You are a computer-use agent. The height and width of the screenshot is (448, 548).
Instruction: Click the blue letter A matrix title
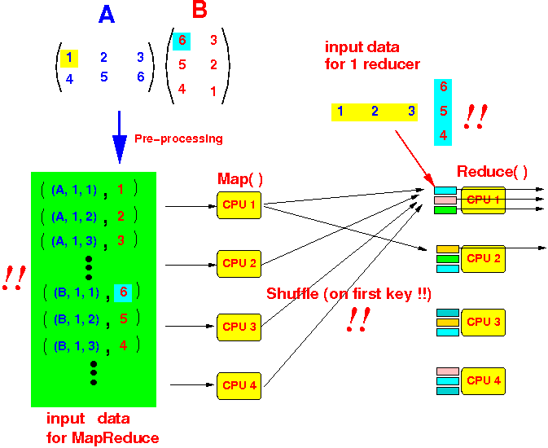point(107,15)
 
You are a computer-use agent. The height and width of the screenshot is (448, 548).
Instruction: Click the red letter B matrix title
point(199,11)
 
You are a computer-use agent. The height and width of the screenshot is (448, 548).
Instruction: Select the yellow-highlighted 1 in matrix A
point(71,57)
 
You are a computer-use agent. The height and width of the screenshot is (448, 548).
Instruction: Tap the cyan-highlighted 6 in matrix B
point(182,39)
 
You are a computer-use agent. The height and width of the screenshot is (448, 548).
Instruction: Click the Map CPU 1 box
point(239,205)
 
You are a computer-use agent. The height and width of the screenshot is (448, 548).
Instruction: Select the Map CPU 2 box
point(239,263)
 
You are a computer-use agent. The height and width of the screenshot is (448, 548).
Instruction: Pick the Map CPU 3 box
point(239,327)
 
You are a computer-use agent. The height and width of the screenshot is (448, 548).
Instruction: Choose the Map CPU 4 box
point(239,385)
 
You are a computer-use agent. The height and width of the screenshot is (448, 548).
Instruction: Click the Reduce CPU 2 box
point(484,259)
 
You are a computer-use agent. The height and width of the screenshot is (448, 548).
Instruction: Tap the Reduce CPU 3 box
point(484,323)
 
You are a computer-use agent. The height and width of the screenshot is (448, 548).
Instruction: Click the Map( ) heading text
point(239,178)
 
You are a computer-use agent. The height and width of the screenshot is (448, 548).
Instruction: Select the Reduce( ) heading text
point(492,172)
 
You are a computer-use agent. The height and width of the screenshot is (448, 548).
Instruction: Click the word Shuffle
point(292,293)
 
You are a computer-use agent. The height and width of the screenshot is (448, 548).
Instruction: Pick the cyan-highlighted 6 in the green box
point(123,292)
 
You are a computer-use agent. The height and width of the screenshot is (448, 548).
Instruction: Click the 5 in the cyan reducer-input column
point(443,110)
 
